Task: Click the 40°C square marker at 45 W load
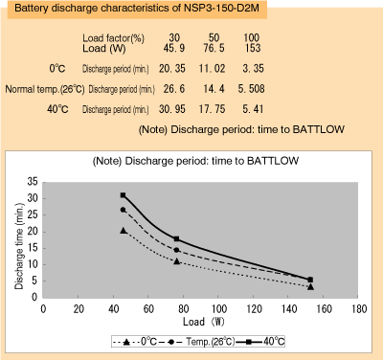point(124,195)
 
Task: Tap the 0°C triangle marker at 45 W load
point(124,231)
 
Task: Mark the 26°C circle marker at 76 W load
point(176,251)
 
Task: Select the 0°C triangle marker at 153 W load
point(310,286)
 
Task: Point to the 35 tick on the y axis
point(34,181)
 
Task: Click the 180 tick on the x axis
point(359,309)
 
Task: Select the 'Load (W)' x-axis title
point(201,323)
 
